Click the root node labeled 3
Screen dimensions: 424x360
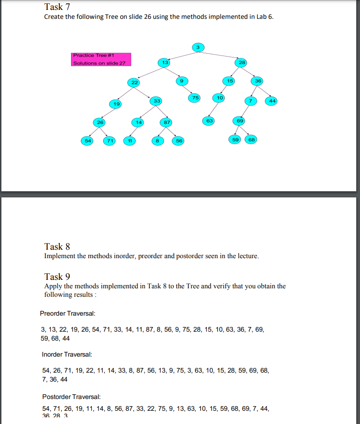198,47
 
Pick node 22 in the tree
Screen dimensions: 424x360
134,82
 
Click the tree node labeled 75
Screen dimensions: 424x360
195,98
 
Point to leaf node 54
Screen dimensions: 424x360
87,140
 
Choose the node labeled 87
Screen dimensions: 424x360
166,122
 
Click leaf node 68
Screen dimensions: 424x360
252,139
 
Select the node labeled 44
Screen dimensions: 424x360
272,101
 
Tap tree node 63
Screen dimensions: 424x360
210,121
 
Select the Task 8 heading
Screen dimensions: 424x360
57,246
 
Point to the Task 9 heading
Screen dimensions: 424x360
57,277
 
